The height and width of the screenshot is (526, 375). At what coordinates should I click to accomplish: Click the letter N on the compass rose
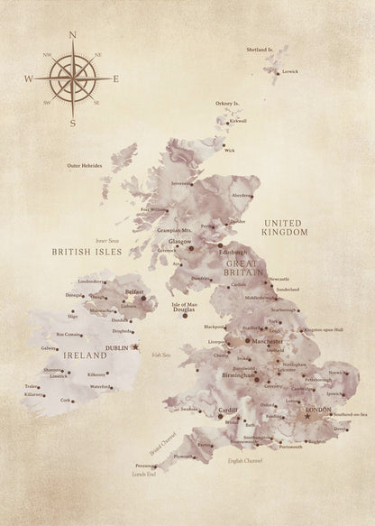[x=71, y=36]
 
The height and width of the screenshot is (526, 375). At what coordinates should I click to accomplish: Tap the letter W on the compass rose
[x=29, y=79]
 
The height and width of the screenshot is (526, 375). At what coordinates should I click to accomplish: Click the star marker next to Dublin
[x=135, y=346]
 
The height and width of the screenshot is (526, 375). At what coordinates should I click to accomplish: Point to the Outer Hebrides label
[x=87, y=165]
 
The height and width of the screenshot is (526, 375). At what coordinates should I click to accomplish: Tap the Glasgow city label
[x=180, y=242]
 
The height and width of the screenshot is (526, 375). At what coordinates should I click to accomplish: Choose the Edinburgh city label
[x=233, y=252]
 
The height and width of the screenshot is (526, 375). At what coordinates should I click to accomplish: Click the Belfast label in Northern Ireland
[x=136, y=292]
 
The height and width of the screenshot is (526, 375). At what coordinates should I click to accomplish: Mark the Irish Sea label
[x=160, y=355]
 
